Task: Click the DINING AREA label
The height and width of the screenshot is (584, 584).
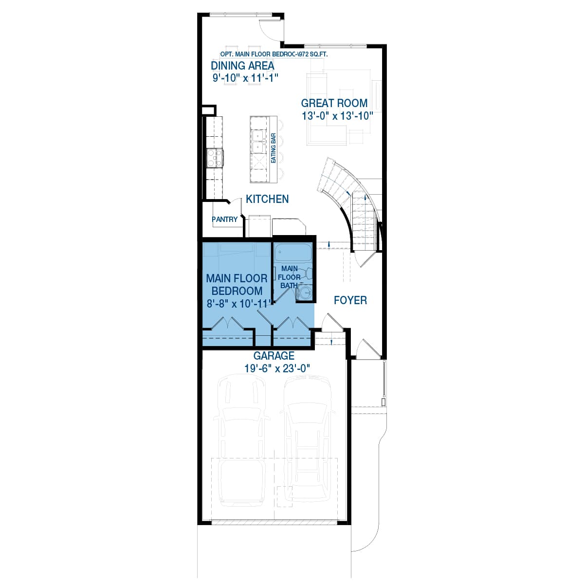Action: pos(242,66)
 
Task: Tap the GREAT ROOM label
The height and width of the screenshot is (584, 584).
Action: pos(334,103)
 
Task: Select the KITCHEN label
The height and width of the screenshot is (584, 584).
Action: pos(267,199)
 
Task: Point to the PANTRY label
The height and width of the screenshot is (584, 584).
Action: pos(225,219)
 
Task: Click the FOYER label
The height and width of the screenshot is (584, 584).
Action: pos(350,300)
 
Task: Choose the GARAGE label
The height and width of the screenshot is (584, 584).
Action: pos(274,356)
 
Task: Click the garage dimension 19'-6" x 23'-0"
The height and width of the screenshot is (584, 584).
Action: pos(277,368)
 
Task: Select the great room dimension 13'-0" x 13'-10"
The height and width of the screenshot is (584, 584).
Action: pos(337,116)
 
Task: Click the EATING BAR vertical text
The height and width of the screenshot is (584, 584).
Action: pos(274,148)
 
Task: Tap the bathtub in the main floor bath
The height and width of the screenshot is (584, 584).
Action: pos(292,254)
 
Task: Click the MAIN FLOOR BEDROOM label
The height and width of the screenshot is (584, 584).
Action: pos(237,285)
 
